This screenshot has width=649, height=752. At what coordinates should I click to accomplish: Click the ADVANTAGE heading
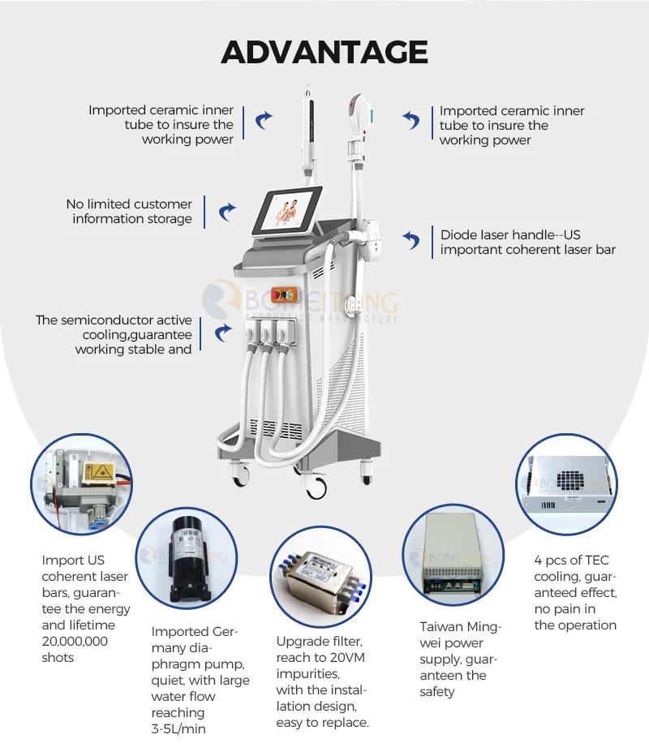click(324, 52)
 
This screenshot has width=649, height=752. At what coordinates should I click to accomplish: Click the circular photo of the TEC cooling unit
click(568, 484)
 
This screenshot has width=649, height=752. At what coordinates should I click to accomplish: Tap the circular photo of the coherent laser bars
click(81, 484)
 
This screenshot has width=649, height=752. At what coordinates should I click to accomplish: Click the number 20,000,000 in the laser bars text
click(75, 641)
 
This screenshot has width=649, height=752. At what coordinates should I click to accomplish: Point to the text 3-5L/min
click(178, 728)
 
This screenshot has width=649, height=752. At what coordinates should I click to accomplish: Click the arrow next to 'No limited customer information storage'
click(227, 213)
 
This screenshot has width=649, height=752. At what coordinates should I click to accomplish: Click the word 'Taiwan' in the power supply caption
click(441, 626)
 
